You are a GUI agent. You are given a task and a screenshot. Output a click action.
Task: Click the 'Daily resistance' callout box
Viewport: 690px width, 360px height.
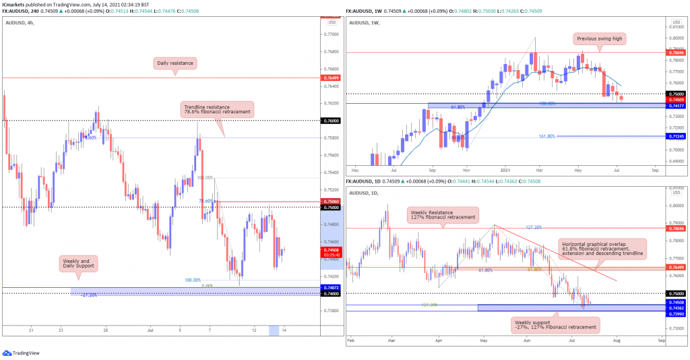[x=172, y=63]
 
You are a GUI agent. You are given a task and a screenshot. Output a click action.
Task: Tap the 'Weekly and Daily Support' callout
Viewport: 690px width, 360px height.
[x=79, y=264]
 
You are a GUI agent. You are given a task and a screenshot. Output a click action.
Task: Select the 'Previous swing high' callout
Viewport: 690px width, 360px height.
[x=600, y=39]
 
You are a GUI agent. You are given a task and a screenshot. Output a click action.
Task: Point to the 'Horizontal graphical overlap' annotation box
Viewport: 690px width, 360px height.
[x=601, y=248]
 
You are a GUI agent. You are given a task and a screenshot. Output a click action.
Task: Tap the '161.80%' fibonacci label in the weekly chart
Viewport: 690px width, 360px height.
[x=546, y=136]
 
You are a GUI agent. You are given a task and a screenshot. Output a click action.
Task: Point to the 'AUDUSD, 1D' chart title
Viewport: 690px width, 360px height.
[x=366, y=193]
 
